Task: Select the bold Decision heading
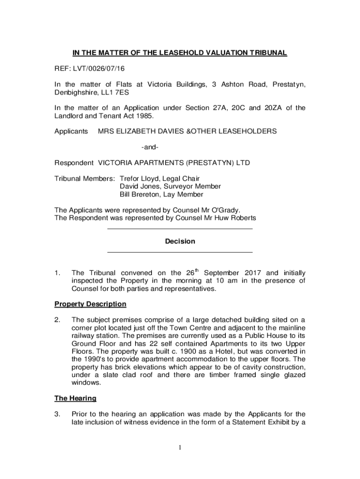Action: click(x=180, y=241)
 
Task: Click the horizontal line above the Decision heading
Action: click(x=180, y=229)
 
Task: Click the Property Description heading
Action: click(x=91, y=304)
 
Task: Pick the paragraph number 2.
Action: click(x=57, y=320)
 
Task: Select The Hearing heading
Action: click(x=76, y=398)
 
